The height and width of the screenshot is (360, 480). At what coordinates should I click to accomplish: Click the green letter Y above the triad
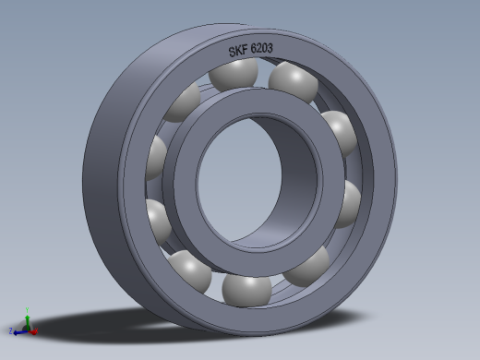pyautogui.click(x=28, y=310)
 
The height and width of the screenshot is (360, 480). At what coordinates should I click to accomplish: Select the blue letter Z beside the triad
pyautogui.click(x=10, y=330)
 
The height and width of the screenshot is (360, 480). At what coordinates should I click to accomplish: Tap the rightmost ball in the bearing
pyautogui.click(x=349, y=201)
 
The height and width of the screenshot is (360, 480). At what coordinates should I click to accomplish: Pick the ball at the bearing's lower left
pyautogui.click(x=192, y=271)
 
